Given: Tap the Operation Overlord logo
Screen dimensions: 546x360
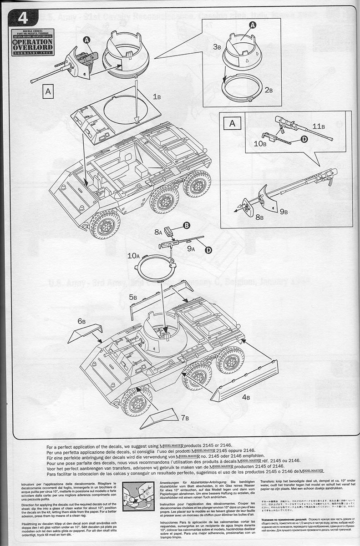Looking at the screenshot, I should [33, 42].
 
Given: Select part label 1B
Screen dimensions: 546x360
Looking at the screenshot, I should [157, 97].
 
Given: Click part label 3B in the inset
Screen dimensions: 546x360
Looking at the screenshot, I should [217, 46].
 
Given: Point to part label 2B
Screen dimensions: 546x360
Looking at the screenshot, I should [269, 91].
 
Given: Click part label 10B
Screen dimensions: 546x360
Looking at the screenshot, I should [260, 144].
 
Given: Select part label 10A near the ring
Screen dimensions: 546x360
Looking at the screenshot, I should [133, 256].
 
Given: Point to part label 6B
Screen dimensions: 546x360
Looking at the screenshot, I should [81, 321].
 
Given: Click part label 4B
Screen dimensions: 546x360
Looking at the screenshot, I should [246, 397].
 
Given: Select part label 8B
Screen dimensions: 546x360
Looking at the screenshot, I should [259, 217].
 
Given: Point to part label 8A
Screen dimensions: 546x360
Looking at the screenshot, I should [158, 232].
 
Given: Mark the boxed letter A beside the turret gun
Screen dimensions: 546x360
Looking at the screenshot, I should [48, 91].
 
